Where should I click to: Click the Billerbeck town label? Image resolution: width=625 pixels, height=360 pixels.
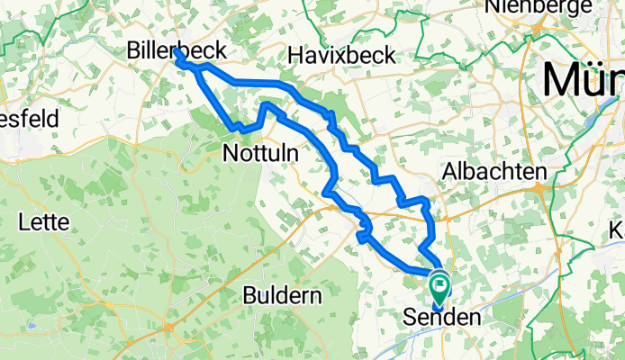point(176,49)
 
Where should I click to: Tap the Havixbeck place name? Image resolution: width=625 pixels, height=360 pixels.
point(341,55)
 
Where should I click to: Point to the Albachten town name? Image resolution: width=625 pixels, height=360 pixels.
point(495,171)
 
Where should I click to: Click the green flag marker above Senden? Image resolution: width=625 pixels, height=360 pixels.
point(439,289)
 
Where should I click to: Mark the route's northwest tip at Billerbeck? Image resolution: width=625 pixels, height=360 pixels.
point(177,54)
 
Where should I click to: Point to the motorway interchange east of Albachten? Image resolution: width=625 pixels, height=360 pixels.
point(539,188)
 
